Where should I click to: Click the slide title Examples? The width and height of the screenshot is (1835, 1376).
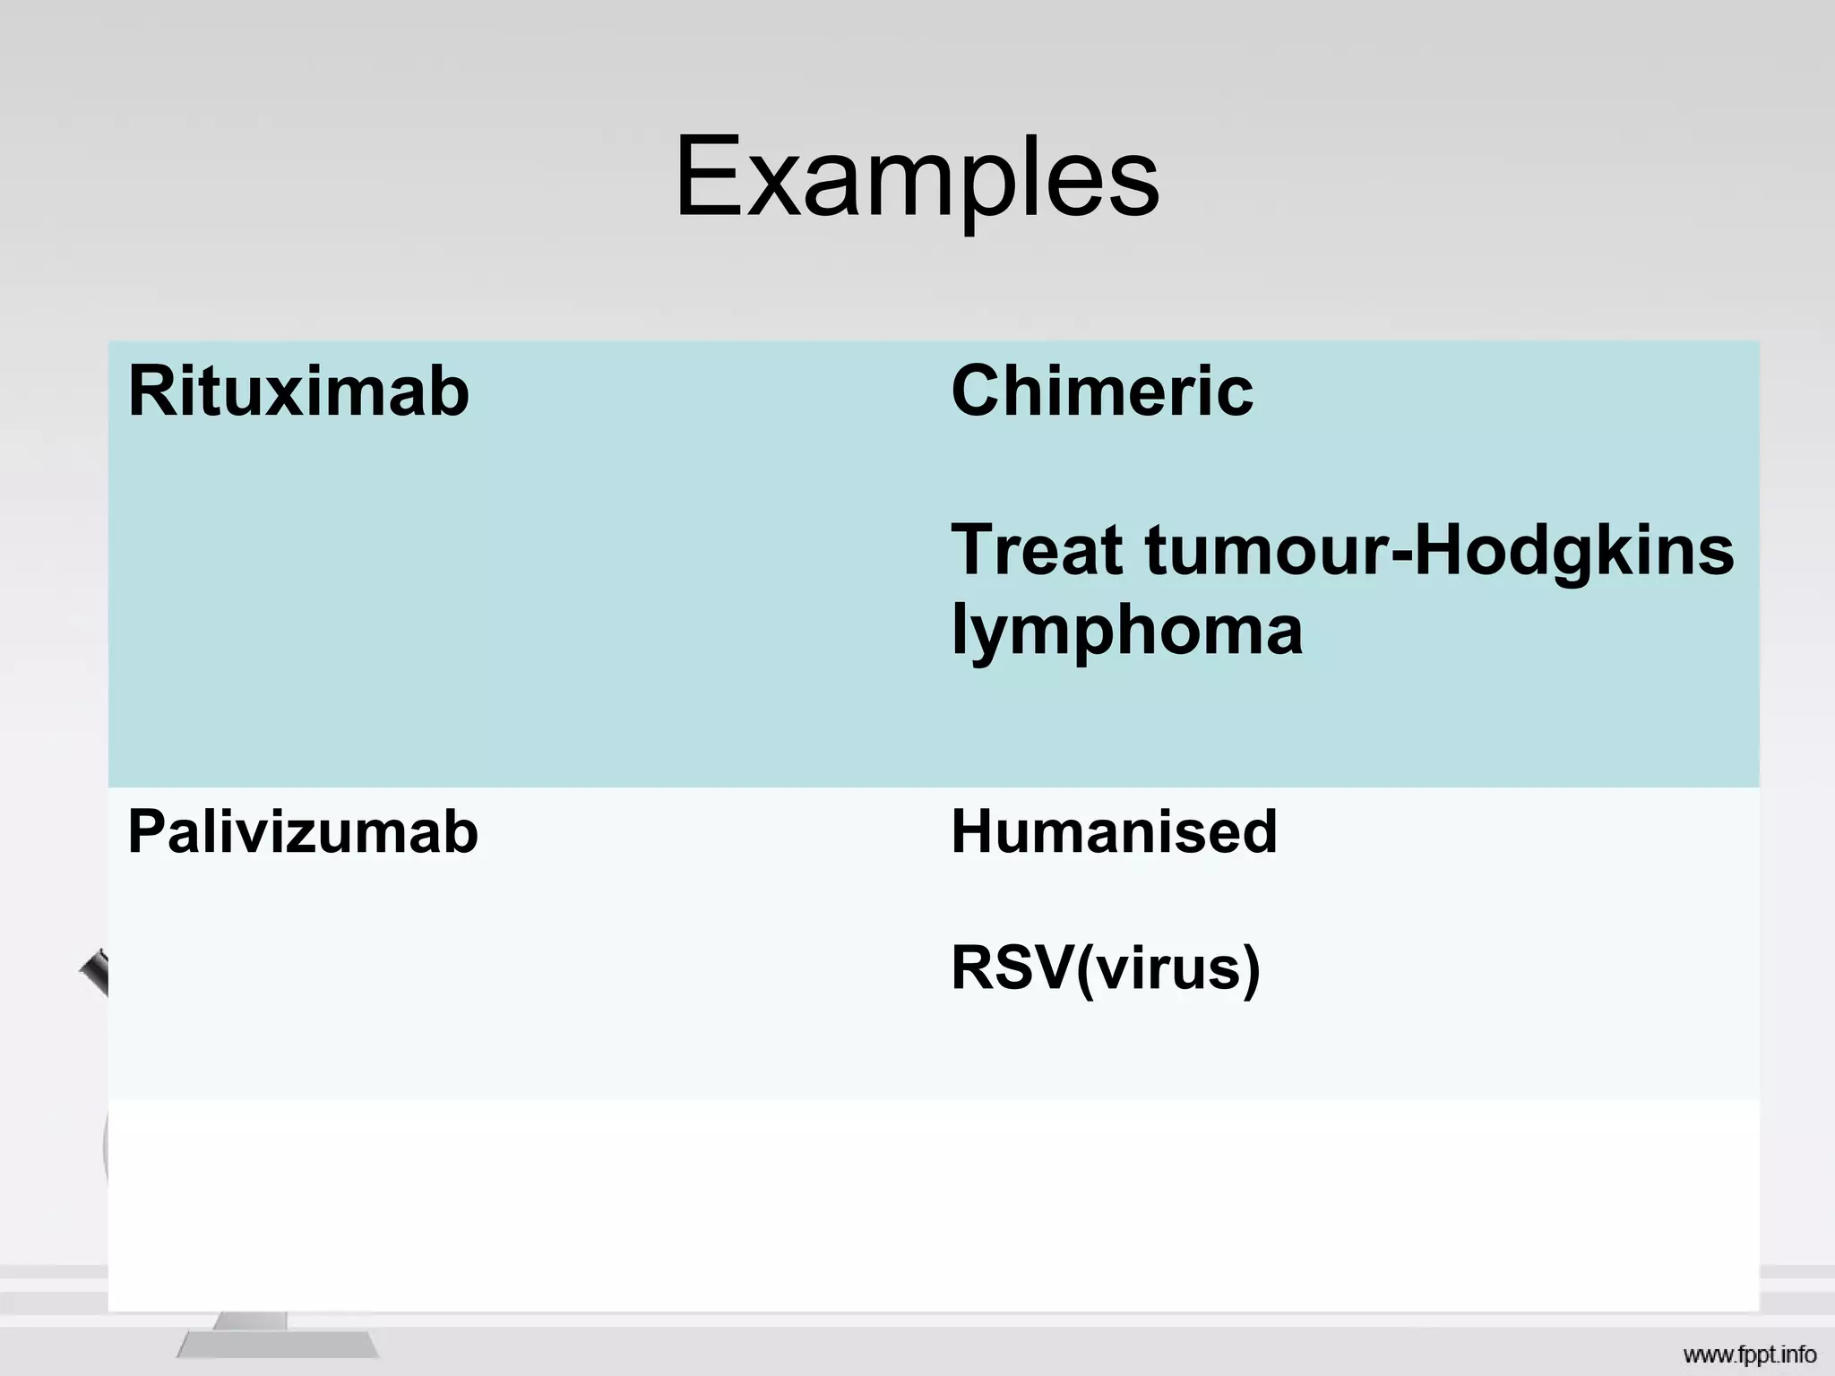pyautogui.click(x=917, y=176)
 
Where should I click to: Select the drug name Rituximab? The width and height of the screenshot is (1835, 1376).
pyautogui.click(x=298, y=391)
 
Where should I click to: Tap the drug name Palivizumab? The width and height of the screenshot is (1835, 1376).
pyautogui.click(x=303, y=831)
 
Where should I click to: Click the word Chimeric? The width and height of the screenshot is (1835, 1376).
pyautogui.click(x=1102, y=391)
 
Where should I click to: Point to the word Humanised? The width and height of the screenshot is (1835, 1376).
pyautogui.click(x=1114, y=831)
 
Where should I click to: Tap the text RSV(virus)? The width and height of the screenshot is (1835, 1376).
pyautogui.click(x=1106, y=968)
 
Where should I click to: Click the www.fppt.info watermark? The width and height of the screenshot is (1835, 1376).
pyautogui.click(x=1749, y=1354)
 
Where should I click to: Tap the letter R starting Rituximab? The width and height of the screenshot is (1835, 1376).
pyautogui.click(x=150, y=391)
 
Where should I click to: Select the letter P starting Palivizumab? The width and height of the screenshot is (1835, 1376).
pyautogui.click(x=147, y=831)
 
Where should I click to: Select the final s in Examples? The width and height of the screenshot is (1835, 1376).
pyautogui.click(x=1136, y=188)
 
